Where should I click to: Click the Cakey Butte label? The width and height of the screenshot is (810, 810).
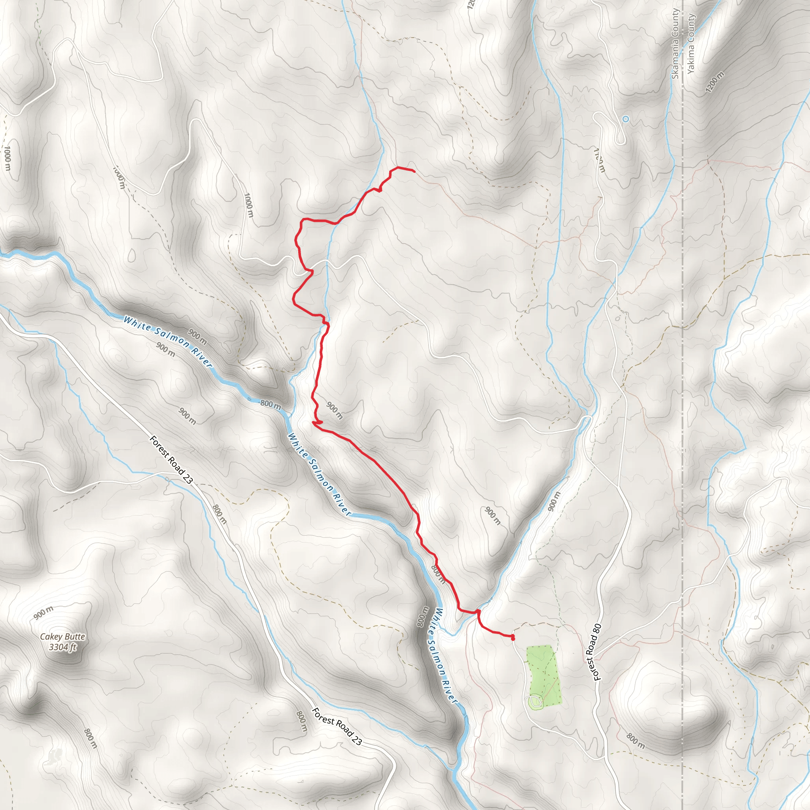click(62, 636)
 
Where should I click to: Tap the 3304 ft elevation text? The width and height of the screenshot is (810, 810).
click(62, 647)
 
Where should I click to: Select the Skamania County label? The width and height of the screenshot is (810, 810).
click(675, 44)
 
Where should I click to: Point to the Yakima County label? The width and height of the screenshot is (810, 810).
click(691, 44)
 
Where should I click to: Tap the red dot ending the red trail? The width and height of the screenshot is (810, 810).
click(513, 638)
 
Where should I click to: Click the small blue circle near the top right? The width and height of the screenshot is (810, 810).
click(626, 119)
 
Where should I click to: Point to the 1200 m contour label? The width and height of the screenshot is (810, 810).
click(714, 83)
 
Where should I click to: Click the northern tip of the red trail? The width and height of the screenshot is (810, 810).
click(414, 171)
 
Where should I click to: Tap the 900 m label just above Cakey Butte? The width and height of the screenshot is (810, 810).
click(44, 613)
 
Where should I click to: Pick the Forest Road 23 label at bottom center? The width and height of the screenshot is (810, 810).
click(337, 727)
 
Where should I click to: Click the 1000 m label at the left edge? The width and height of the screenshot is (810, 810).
click(8, 158)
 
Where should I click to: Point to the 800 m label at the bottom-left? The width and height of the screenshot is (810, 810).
click(91, 738)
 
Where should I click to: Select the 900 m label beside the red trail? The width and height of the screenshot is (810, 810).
click(335, 411)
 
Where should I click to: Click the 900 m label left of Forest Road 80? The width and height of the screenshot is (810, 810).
click(553, 502)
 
